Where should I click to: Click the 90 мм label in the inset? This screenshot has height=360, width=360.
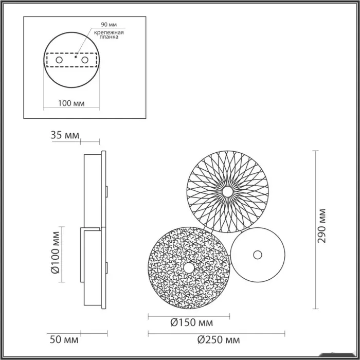pyautogui.click(x=109, y=25)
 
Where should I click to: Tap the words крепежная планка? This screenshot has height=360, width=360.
pyautogui.click(x=109, y=34)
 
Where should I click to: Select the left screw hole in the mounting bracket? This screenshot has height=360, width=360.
pyautogui.click(x=59, y=60)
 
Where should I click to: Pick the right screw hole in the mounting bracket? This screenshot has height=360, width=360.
pyautogui.click(x=85, y=60)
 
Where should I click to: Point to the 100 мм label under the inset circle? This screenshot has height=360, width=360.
pyautogui.click(x=71, y=103)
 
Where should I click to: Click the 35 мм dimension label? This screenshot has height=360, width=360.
pyautogui.click(x=65, y=135)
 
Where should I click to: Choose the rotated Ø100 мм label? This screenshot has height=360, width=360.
pyautogui.click(x=55, y=253)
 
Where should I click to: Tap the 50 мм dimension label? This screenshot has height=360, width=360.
pyautogui.click(x=64, y=340)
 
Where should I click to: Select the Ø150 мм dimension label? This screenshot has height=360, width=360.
pyautogui.click(x=192, y=323)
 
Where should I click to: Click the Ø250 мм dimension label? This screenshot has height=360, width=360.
pyautogui.click(x=219, y=340)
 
